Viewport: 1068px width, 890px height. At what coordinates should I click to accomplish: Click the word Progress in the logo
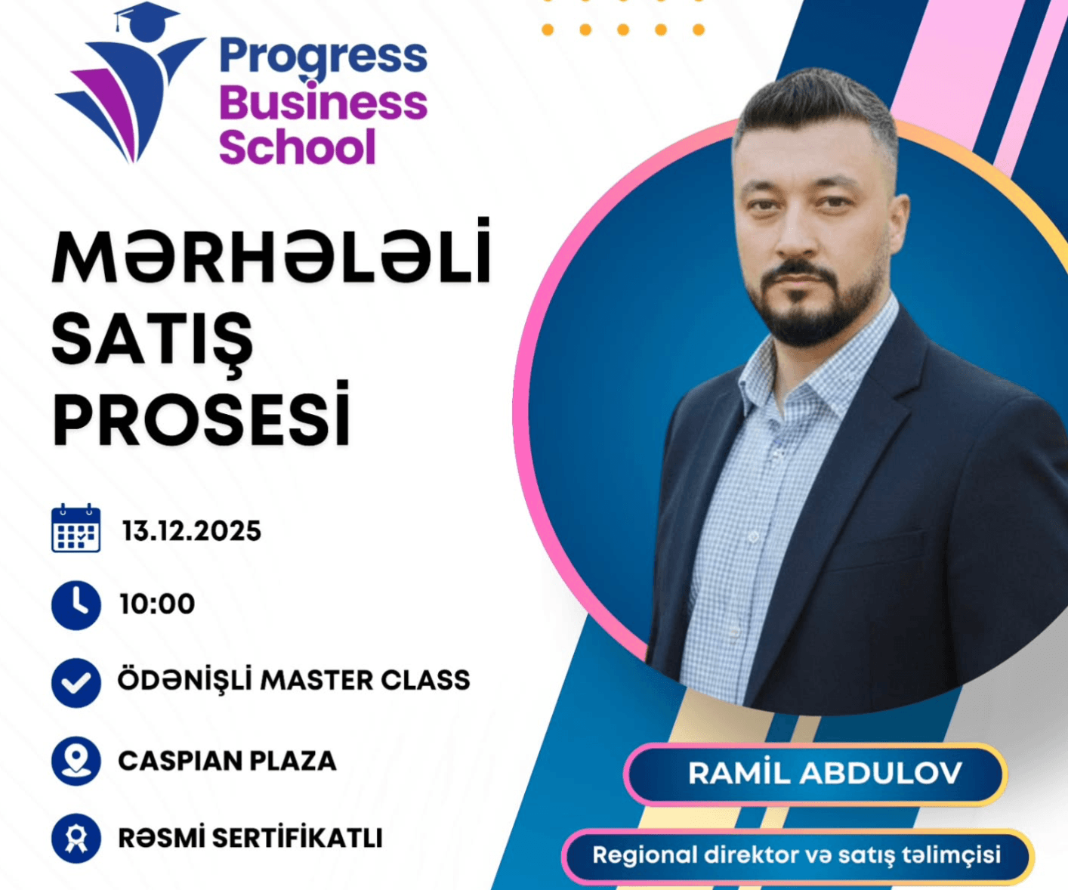point(323,57)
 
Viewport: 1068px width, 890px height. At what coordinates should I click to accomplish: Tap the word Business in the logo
point(323,103)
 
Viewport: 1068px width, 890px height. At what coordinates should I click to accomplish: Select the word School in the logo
point(297,147)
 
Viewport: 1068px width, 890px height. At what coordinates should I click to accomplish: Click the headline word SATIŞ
point(152,339)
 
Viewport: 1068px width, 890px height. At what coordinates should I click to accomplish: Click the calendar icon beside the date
point(76,529)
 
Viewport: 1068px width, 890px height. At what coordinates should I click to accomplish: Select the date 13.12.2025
point(192,531)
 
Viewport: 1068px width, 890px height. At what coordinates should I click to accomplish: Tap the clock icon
point(76,605)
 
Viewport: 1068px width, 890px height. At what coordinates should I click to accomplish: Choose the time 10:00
point(157,604)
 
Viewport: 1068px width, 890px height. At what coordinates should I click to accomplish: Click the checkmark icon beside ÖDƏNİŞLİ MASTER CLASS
point(76,683)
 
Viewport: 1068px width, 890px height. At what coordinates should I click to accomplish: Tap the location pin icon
point(76,760)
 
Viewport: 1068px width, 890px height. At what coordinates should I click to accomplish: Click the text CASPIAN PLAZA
point(227,761)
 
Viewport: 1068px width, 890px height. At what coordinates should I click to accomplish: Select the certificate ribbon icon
point(76,838)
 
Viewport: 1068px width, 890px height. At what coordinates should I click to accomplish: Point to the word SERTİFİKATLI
point(297,838)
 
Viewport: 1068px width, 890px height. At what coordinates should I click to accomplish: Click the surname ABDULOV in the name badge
point(881,773)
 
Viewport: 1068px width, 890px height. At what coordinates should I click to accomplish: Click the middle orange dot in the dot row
point(623,30)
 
